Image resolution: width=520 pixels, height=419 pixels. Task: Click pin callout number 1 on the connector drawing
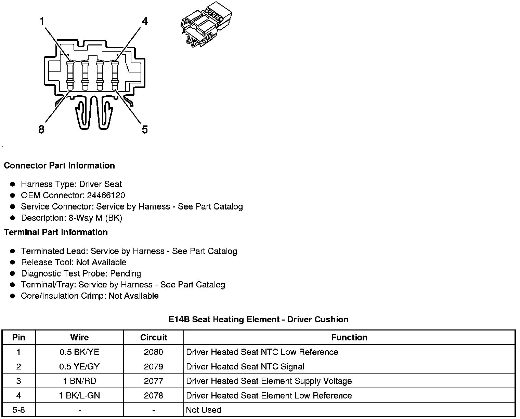click(x=42, y=22)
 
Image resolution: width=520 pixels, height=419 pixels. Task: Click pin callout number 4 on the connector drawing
click(x=145, y=22)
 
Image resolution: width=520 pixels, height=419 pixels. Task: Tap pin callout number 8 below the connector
click(x=41, y=130)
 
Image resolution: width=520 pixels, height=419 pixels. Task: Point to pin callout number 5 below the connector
click(x=145, y=130)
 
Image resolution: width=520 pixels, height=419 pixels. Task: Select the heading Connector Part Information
click(x=59, y=166)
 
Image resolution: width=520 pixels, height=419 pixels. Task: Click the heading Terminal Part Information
click(x=56, y=232)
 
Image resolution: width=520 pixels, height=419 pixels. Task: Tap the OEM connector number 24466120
click(x=107, y=195)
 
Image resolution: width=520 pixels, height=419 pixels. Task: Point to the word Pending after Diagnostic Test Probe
click(x=126, y=273)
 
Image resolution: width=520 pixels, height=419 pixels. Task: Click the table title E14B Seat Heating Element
click(x=258, y=320)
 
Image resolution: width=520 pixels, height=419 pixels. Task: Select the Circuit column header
click(x=154, y=338)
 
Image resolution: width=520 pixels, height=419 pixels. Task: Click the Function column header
click(x=349, y=338)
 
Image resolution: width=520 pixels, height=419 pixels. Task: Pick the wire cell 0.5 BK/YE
click(x=79, y=352)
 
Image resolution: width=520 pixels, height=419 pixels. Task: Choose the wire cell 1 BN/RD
click(x=79, y=381)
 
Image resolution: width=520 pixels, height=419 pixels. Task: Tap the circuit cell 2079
click(x=154, y=367)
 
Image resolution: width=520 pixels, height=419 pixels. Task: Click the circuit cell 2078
click(x=154, y=395)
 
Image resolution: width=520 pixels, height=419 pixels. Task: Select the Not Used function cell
click(x=204, y=410)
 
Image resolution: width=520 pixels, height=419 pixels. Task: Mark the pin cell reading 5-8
click(x=18, y=410)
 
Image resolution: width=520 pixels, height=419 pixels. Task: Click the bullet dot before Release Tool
click(x=13, y=262)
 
